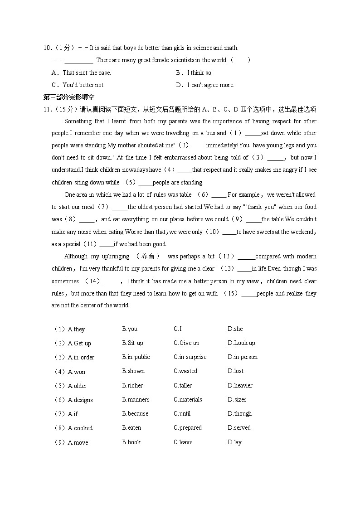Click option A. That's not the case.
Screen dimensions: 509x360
point(82,73)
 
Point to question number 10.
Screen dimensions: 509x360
point(48,48)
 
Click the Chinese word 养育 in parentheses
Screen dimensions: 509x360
point(148,257)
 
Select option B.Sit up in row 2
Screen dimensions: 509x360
point(132,343)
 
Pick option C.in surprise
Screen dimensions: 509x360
point(190,357)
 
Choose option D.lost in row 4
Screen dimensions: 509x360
point(235,371)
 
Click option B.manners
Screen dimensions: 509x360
point(136,400)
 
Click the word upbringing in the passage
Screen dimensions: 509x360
point(116,257)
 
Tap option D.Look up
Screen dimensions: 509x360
point(241,343)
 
